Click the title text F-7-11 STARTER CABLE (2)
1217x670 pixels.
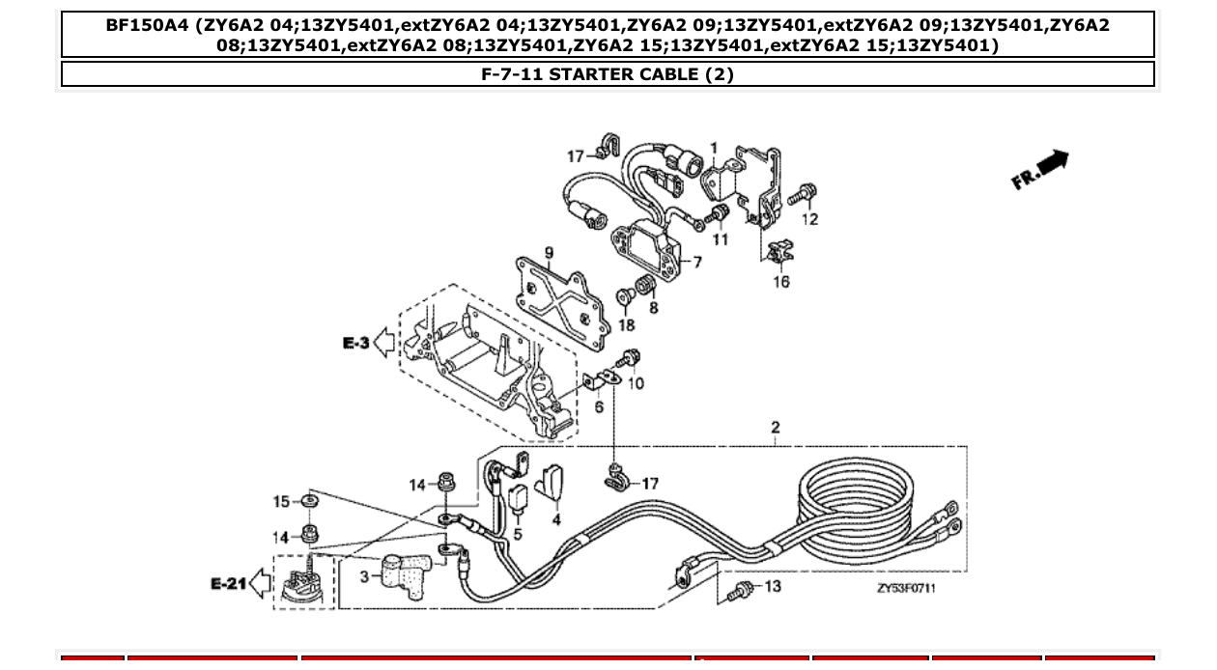(x=608, y=74)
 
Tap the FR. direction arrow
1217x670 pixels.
(x=1040, y=169)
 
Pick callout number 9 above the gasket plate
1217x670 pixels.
(x=549, y=254)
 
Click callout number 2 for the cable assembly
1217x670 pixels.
(x=775, y=428)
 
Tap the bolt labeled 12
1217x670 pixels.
(x=799, y=196)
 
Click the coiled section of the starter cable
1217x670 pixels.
(x=869, y=507)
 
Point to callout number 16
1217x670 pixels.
(x=780, y=282)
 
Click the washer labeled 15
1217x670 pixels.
(x=307, y=502)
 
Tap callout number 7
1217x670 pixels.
(x=693, y=262)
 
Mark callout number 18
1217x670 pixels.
(x=627, y=326)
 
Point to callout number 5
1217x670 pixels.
(x=518, y=532)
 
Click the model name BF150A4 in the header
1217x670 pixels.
(x=148, y=25)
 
